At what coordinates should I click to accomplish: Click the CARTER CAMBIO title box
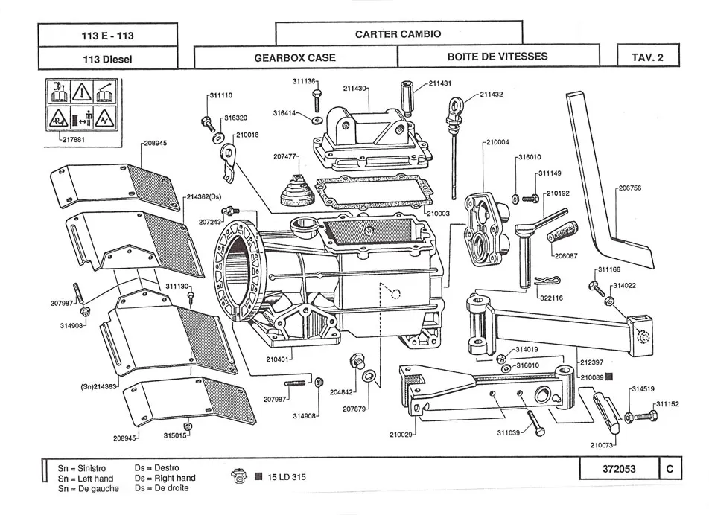click(398, 33)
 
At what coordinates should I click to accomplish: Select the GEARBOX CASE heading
click(295, 57)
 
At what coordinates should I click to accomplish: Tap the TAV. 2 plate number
click(646, 57)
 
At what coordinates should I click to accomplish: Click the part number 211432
click(491, 95)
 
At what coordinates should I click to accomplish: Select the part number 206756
click(629, 188)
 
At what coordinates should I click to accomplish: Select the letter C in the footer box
click(670, 468)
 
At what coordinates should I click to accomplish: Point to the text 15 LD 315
click(287, 477)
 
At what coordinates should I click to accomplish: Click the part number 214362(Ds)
click(205, 197)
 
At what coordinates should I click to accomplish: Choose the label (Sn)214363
click(98, 387)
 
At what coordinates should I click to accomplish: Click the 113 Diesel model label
click(107, 58)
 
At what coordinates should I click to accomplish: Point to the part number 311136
click(305, 80)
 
